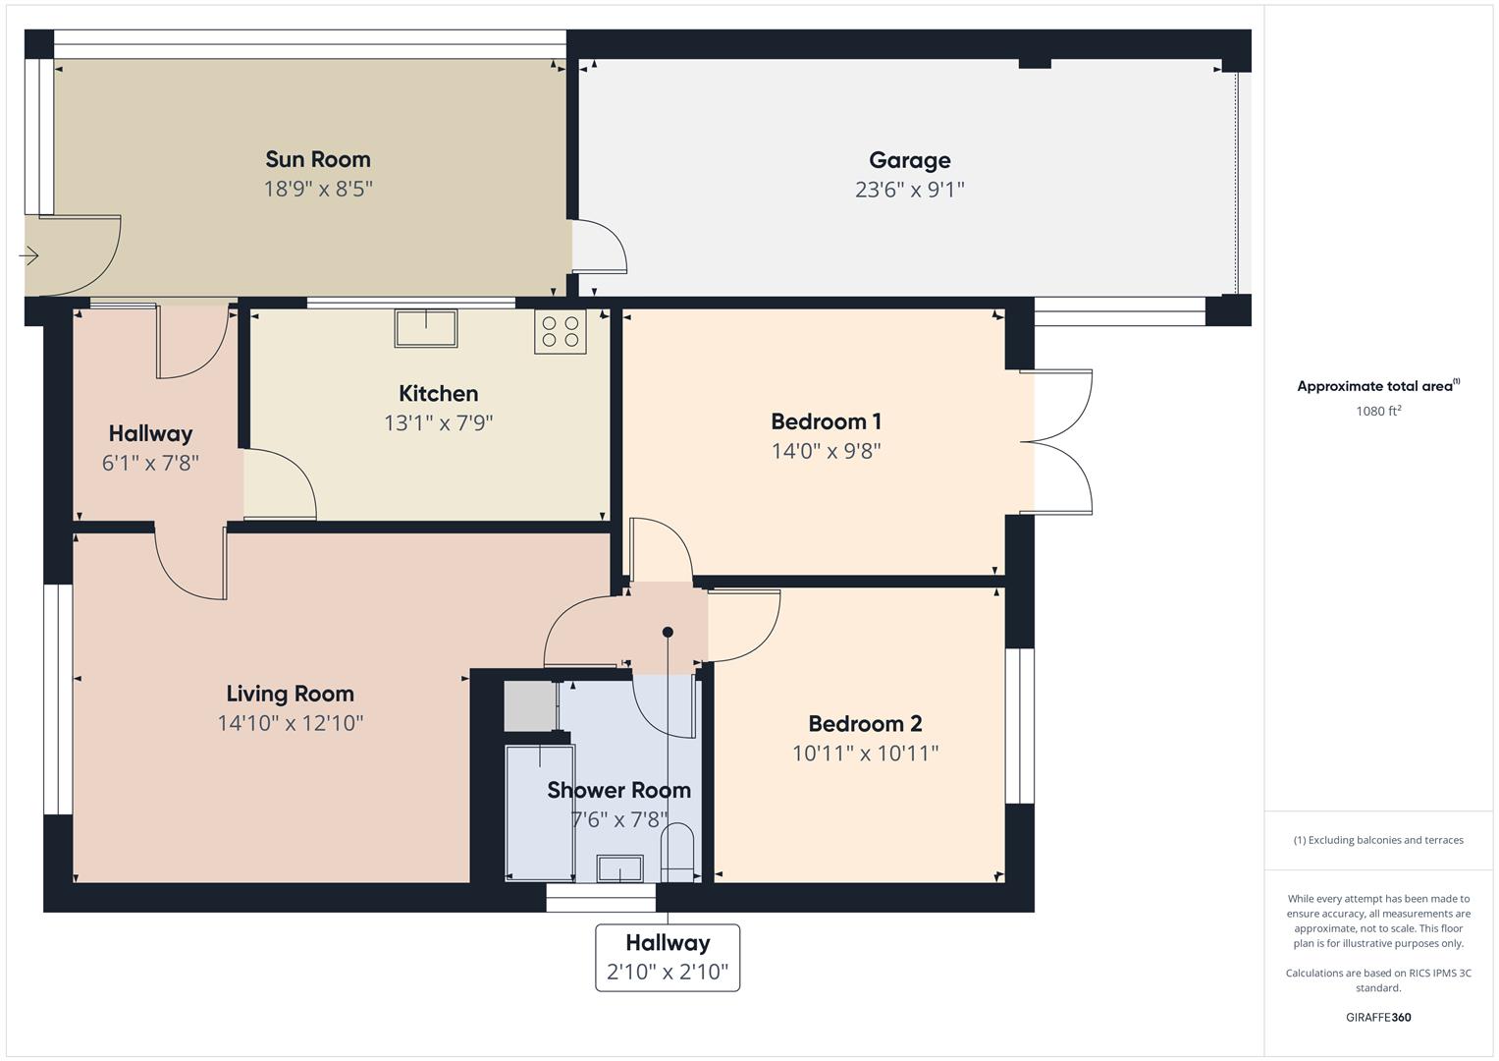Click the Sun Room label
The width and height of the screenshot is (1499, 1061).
[x=318, y=159]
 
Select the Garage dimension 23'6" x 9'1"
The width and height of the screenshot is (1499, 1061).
[x=909, y=190]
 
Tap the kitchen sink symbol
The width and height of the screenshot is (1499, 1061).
[x=426, y=327]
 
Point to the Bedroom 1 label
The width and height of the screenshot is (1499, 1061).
[x=826, y=421]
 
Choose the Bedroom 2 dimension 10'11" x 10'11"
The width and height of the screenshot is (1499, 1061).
[x=865, y=754]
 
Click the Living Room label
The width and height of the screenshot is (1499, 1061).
[x=290, y=694]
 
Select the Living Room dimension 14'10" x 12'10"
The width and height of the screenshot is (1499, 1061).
[x=291, y=724]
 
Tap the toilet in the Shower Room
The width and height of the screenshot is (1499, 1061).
[x=678, y=848]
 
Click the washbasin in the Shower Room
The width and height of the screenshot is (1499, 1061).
[x=620, y=868]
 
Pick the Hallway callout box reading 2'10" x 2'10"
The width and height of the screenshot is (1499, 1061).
[x=668, y=957]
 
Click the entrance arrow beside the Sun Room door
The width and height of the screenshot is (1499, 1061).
[x=28, y=256]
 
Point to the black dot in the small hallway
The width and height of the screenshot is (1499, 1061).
[x=668, y=632]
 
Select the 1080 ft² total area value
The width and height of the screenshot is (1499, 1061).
[x=1377, y=412]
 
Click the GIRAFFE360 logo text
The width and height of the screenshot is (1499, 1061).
[x=1377, y=1018]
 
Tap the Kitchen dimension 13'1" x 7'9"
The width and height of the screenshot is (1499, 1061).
[x=438, y=423]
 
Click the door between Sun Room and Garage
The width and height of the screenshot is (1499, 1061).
[x=598, y=245]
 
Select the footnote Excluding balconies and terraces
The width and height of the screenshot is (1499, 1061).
[x=1377, y=840]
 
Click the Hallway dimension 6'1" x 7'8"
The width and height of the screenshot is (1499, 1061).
[x=150, y=463]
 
